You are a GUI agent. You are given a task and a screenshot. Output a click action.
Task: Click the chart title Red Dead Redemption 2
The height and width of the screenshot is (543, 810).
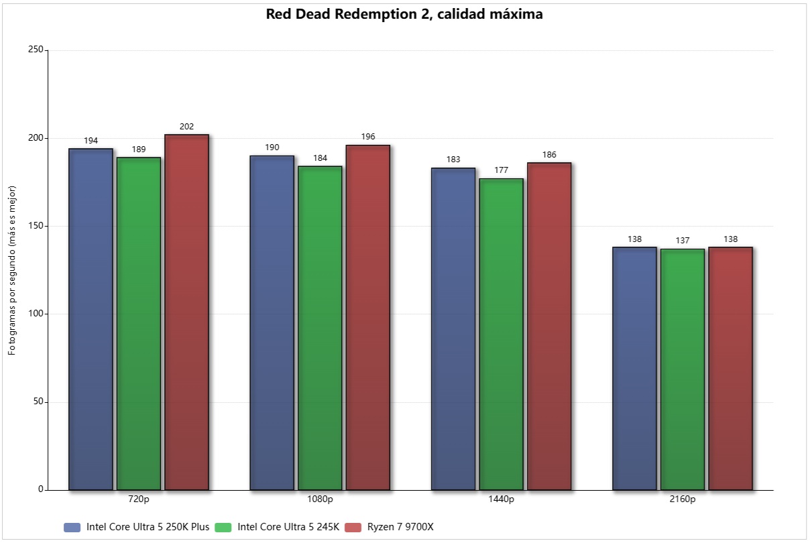[x=404, y=14]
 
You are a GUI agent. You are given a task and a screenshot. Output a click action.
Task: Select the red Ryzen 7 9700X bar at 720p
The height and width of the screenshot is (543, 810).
[x=186, y=312]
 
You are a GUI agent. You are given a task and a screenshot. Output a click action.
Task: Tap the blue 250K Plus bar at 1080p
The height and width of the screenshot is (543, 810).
[x=272, y=322]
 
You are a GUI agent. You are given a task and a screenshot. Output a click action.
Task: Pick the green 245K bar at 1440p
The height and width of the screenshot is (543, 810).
[x=501, y=334]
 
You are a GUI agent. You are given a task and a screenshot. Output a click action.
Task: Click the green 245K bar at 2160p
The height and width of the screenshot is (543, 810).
[x=683, y=369]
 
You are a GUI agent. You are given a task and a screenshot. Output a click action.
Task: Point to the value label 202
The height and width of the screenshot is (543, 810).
[x=186, y=126]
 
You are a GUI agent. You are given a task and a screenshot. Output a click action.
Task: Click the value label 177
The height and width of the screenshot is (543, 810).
[x=501, y=170]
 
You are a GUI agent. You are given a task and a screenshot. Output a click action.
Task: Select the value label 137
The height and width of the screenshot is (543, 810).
[x=683, y=240]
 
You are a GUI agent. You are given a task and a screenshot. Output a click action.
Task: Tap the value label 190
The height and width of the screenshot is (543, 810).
[x=272, y=147]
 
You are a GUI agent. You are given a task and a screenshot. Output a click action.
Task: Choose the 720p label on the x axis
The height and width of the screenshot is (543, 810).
[x=139, y=499]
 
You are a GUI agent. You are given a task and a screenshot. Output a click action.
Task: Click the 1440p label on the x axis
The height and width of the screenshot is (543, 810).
[x=501, y=499]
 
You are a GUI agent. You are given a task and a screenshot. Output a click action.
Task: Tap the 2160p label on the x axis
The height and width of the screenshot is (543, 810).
[x=683, y=499]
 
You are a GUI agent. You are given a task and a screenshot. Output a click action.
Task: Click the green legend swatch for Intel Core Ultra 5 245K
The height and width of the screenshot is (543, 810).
[x=223, y=528]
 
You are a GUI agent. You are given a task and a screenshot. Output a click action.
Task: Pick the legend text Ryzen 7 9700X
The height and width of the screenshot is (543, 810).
[x=400, y=527]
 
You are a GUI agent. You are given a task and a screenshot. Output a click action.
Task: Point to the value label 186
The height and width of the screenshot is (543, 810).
[x=548, y=154]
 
